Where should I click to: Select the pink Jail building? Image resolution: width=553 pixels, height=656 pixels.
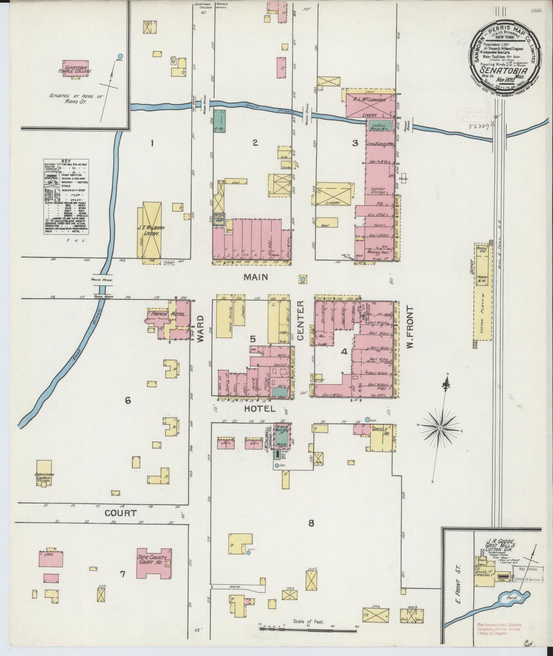tap(51, 559)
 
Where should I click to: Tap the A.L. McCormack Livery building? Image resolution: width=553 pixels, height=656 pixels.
tap(370, 104)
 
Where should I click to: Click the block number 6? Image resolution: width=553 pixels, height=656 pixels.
tap(128, 401)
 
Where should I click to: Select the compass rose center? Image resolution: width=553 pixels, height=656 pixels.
tap(440, 427)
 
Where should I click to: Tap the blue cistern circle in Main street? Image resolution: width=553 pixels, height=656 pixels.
tap(303, 280)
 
